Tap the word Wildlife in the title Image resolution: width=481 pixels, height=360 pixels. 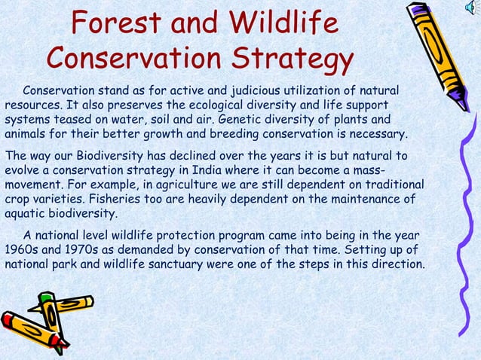point(283,25)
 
